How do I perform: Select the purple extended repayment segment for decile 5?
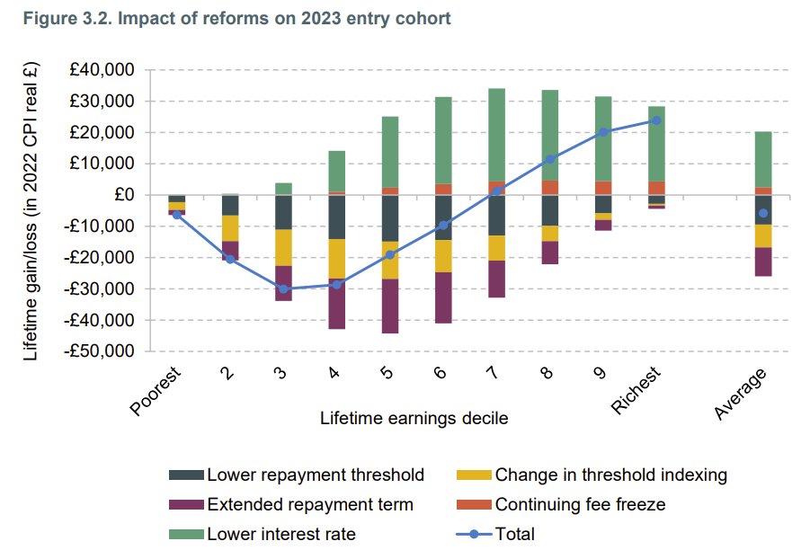click(x=390, y=306)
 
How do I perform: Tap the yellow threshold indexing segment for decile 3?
click(x=283, y=247)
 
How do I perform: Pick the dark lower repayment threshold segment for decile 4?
click(x=337, y=217)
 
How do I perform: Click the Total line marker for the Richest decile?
click(x=656, y=120)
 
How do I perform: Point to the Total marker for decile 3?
click(x=283, y=288)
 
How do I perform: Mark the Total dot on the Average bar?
click(x=763, y=213)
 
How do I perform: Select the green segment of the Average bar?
click(x=763, y=159)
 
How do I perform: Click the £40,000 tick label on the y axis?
click(x=102, y=70)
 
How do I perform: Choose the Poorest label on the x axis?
click(x=156, y=392)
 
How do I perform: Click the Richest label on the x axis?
click(x=636, y=390)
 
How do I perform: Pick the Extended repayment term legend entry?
click(x=309, y=504)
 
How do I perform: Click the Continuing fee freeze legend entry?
click(x=580, y=504)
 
